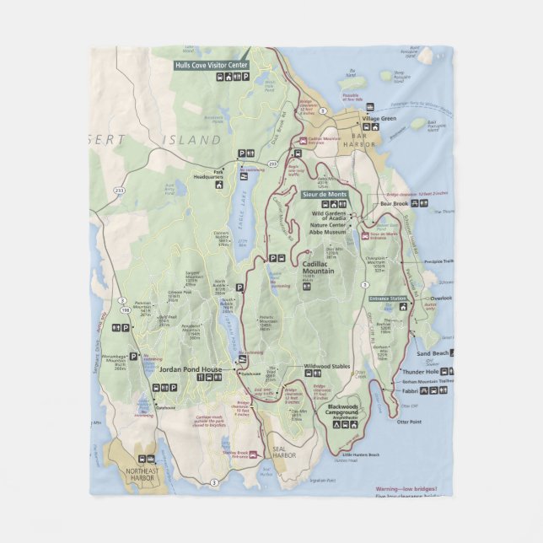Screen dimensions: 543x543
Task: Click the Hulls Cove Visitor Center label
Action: tap(212, 64)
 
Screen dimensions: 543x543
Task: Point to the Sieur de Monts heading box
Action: tap(325, 194)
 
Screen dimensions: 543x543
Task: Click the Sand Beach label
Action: tap(433, 352)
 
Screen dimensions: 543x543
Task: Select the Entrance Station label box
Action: tap(387, 298)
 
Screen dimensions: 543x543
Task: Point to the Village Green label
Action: tap(379, 118)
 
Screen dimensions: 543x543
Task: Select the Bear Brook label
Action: tap(394, 203)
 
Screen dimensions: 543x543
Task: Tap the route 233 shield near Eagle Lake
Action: tap(272, 163)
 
